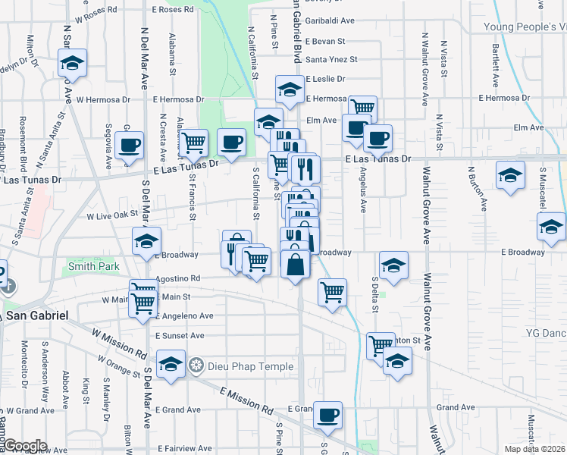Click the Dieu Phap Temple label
(252, 367)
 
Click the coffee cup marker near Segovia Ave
(129, 145)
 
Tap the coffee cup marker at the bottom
(327, 414)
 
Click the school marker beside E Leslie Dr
(287, 89)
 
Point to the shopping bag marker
(294, 265)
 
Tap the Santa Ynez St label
(331, 59)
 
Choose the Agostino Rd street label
(178, 279)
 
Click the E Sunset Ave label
(180, 335)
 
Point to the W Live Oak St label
(115, 216)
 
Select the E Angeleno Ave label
(185, 315)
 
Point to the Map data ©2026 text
(534, 449)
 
